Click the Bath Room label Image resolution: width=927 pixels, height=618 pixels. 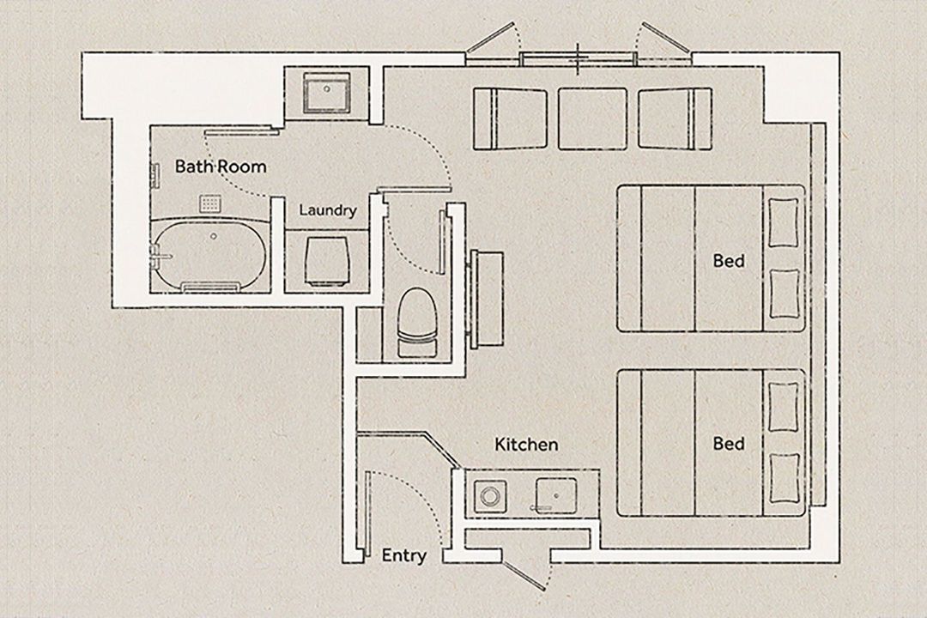[221, 167]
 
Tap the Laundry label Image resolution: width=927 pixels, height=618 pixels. [328, 210]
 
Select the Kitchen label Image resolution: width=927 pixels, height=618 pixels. [526, 444]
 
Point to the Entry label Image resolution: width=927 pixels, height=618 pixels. [403, 555]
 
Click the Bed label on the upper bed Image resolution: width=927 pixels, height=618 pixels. [729, 260]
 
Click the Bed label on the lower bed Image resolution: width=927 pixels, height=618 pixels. [729, 444]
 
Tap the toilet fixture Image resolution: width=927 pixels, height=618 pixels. [416, 323]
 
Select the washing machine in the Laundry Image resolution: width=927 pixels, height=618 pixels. [326, 262]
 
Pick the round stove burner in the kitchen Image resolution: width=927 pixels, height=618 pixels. [490, 495]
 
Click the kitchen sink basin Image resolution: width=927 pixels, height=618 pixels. [555, 495]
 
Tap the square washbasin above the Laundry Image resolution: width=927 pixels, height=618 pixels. [326, 93]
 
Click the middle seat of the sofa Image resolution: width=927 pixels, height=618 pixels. [592, 118]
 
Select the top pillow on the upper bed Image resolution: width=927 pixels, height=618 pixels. [784, 222]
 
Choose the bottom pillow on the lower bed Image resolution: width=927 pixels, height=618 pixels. [785, 477]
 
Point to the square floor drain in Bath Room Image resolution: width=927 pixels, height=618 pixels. [210, 204]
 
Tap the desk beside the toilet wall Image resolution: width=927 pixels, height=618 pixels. [486, 299]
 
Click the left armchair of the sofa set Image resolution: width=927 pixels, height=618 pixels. [510, 118]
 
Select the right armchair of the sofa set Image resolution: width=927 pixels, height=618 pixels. [676, 118]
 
